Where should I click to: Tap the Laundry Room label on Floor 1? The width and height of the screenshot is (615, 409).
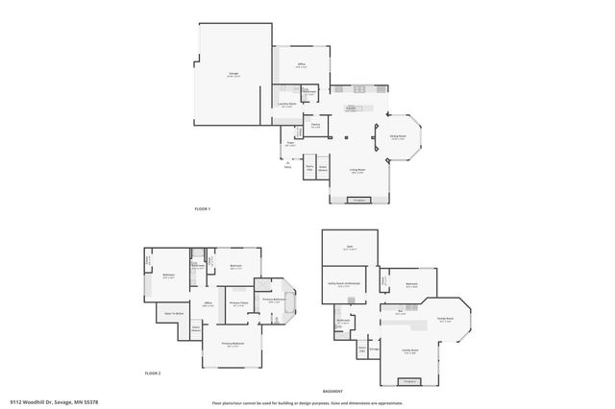[286, 104]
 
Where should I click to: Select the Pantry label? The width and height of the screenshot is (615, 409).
[315, 126]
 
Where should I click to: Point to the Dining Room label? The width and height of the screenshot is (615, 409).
[397, 137]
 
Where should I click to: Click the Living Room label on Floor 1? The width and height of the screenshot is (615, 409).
[357, 171]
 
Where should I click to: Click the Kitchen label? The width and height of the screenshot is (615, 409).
[353, 108]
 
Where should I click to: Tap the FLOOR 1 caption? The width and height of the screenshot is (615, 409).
[202, 209]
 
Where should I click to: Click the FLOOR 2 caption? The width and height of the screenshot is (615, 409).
[152, 373]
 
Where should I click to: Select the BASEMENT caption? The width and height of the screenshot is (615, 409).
[334, 391]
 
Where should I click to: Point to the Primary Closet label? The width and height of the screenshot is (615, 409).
[239, 303]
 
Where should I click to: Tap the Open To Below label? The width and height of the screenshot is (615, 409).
[175, 313]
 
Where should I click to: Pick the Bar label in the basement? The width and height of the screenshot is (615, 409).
[400, 311]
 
